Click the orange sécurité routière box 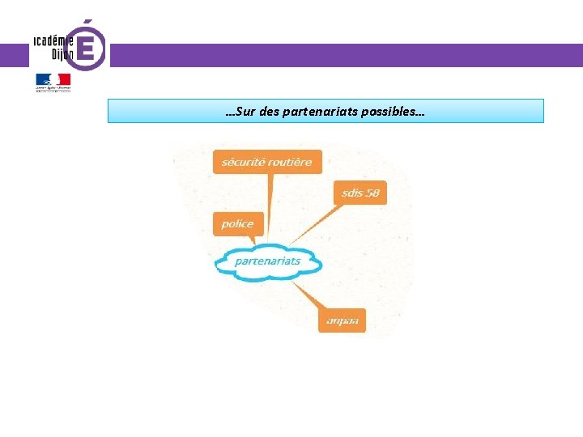pos(267,162)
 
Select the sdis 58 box pos(360,193)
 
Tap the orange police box pos(238,223)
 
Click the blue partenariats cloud pos(267,261)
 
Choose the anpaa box pos(342,320)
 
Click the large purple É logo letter pos(89,47)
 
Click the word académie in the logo pos(54,40)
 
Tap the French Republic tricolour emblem pos(53,80)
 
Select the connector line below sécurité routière pos(269,202)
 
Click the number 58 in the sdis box pos(371,193)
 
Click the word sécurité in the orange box pos(241,162)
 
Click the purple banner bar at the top pos(340,55)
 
